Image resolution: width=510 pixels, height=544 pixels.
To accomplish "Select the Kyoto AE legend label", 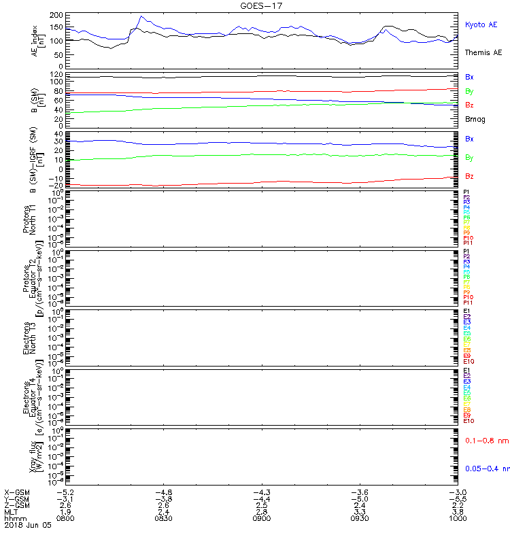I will tap(481, 24).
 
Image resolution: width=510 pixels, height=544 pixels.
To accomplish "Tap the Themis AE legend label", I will tap(482, 52).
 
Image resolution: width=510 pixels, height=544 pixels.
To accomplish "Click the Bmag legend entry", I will tap(475, 119).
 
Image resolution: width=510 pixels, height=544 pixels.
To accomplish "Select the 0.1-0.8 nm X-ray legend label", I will tap(486, 441).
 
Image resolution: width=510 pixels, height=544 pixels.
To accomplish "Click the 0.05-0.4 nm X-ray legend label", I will tap(487, 469).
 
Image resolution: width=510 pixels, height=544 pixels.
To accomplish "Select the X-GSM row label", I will tap(16, 491).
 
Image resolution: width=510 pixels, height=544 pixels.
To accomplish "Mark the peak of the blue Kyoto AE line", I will tap(141, 16).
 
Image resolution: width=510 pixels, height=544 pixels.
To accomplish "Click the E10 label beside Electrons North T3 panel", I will tap(469, 361).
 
